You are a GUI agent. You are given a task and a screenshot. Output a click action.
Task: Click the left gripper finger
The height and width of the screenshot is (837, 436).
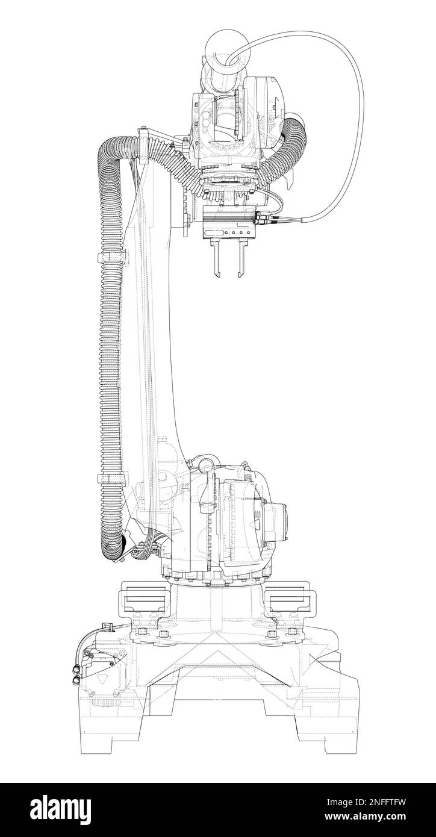tap(216, 258)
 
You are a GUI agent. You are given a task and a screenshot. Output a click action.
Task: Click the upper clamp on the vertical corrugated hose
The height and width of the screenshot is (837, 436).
tap(111, 258)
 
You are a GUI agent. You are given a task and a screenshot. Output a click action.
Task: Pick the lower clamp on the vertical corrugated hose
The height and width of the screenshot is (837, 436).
tap(111, 479)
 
